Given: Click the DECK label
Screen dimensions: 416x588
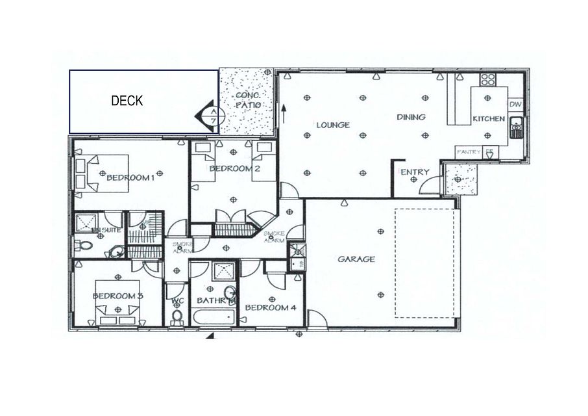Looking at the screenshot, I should tap(127, 101).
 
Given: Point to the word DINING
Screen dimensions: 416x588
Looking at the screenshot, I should tap(411, 117).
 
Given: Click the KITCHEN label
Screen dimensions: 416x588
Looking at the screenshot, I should tap(488, 119).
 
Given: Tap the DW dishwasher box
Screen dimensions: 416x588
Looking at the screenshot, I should tap(515, 104).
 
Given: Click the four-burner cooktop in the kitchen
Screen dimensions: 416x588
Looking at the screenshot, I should tap(487, 80).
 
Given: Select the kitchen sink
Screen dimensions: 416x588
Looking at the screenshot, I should tap(516, 127).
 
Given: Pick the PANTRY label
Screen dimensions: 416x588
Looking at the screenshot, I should tap(469, 151).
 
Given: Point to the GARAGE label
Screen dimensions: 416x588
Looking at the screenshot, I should tap(356, 259).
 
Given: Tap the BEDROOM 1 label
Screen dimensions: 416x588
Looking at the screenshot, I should tap(130, 177).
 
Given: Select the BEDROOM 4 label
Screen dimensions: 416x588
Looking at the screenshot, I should tap(271, 307).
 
